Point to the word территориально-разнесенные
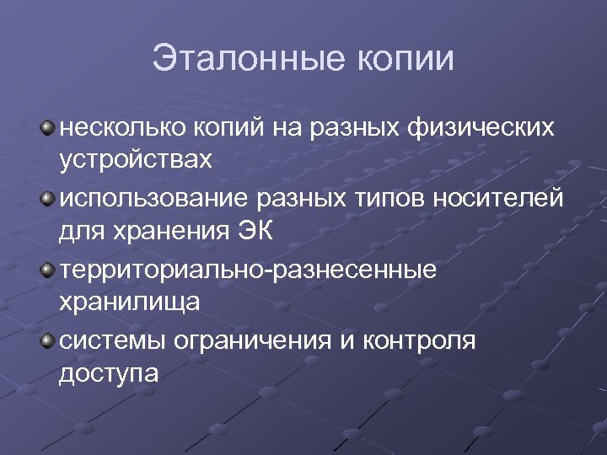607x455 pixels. pyautogui.click(x=248, y=270)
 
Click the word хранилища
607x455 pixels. pyautogui.click(x=130, y=300)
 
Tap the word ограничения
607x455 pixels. pyautogui.click(x=249, y=341)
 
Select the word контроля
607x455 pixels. pyautogui.click(x=422, y=341)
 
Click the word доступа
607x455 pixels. pyautogui.click(x=109, y=371)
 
